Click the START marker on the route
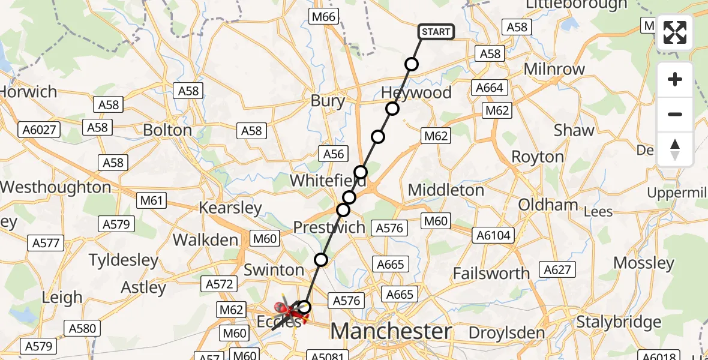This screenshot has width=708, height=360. [x=436, y=32]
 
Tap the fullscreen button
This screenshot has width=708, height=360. [x=675, y=32]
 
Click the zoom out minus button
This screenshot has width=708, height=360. [x=675, y=114]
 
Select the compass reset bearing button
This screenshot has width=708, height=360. [x=675, y=149]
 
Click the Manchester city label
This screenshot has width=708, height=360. [x=391, y=331]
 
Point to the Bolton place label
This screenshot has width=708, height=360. [x=167, y=130]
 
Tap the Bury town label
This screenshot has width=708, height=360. [x=328, y=101]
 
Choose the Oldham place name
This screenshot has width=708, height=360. [x=548, y=205]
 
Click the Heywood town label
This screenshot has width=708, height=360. [x=416, y=92]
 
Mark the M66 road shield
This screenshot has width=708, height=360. [x=323, y=17]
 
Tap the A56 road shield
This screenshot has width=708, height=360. [x=334, y=154]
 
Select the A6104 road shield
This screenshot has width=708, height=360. [x=494, y=235]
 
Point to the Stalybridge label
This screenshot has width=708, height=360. [x=619, y=322]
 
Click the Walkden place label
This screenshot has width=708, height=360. [x=205, y=240]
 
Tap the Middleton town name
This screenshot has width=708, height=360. [x=446, y=190]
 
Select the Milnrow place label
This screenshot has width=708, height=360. [x=554, y=69]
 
